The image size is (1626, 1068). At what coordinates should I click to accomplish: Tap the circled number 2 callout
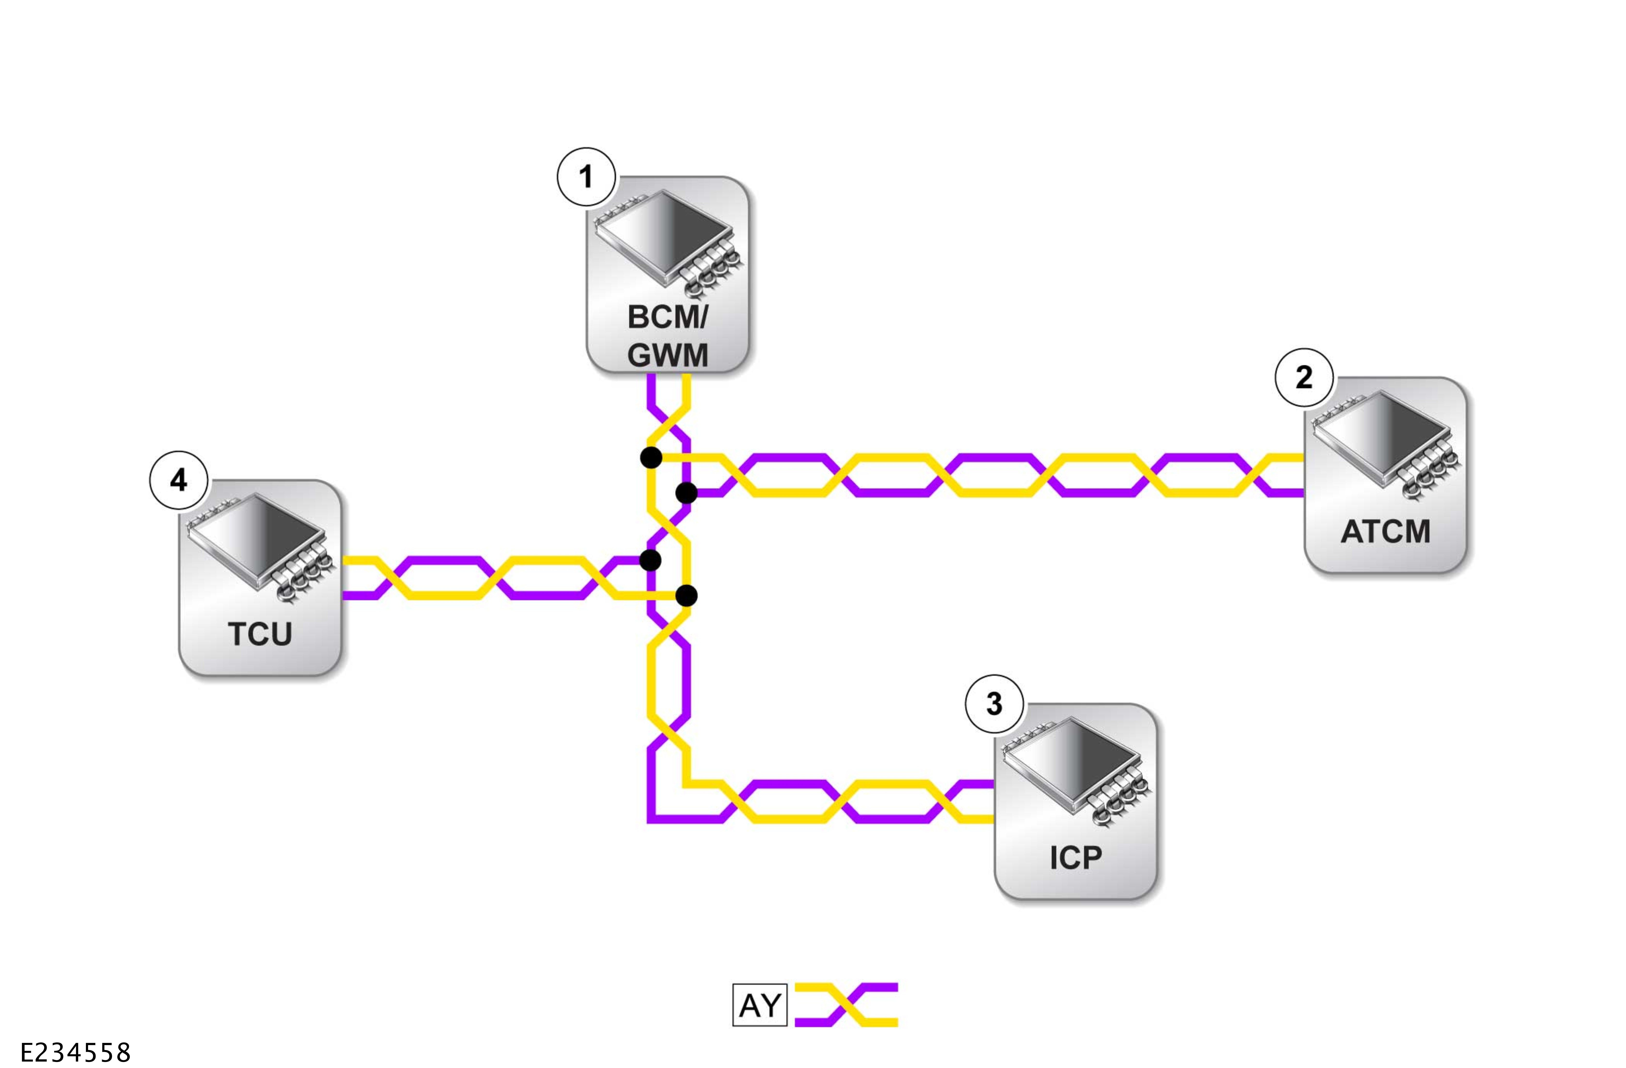(x=1303, y=377)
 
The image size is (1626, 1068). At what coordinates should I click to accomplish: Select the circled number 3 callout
(x=994, y=703)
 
